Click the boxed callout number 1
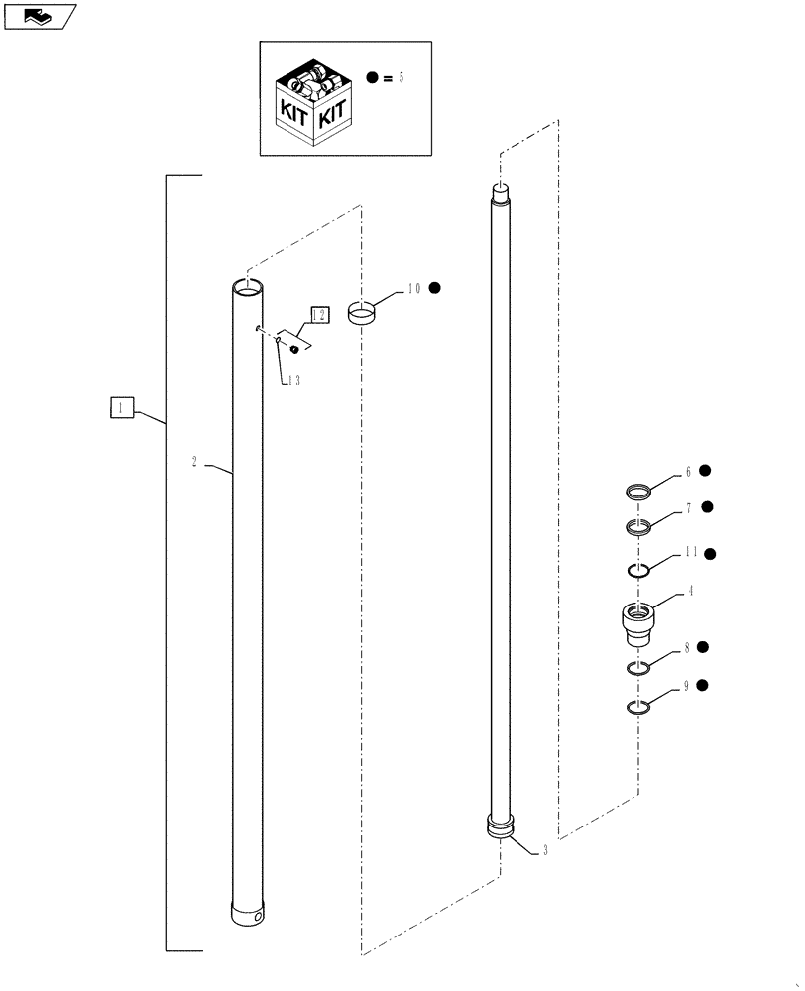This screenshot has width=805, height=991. [x=121, y=408]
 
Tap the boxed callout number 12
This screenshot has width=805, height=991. [x=319, y=315]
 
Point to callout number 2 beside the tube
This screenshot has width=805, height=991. [x=194, y=462]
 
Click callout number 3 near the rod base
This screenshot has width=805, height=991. [x=544, y=850]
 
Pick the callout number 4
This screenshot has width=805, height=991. [x=689, y=592]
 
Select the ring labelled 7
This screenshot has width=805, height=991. [x=639, y=526]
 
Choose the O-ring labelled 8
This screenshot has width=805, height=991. [x=639, y=669]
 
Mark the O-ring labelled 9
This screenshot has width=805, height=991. [x=639, y=706]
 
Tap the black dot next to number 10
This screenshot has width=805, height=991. [x=434, y=288]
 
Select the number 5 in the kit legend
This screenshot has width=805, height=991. [x=401, y=77]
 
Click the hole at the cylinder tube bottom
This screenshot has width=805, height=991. [x=259, y=918]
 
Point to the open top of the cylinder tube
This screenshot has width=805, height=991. [x=249, y=287]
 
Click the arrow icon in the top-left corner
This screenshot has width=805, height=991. [x=38, y=16]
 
